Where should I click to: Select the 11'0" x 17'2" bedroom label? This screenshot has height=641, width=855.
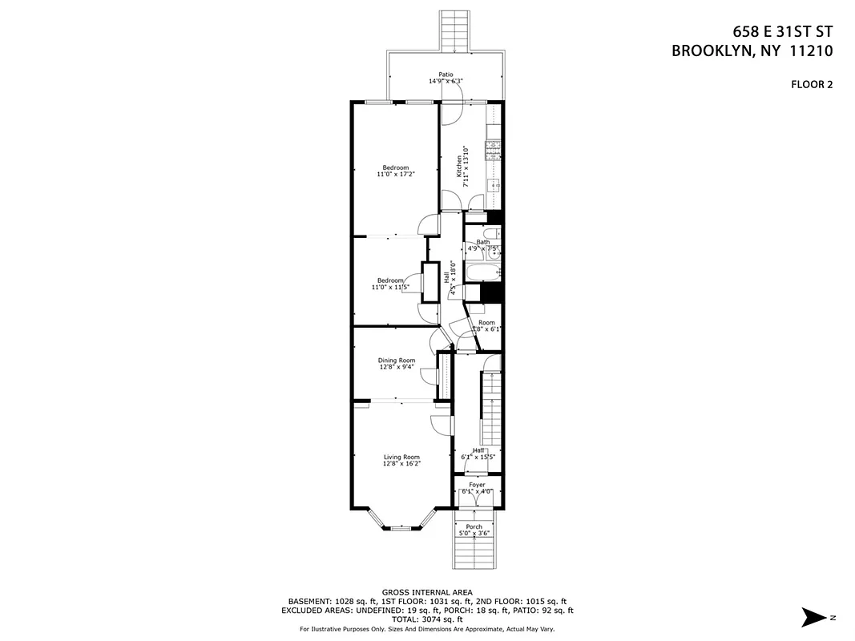[x=395, y=171]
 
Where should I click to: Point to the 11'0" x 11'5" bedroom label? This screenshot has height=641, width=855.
[x=390, y=284]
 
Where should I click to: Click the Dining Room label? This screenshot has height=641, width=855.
[x=397, y=364]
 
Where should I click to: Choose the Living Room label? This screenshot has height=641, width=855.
[x=401, y=460]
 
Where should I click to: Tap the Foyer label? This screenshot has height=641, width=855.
[x=478, y=488]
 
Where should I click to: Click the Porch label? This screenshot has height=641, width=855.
[x=474, y=530]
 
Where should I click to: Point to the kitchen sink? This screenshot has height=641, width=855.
[x=495, y=185]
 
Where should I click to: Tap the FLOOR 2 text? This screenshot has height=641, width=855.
[x=811, y=84]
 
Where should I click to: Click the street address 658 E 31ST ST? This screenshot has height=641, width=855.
[x=782, y=32]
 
